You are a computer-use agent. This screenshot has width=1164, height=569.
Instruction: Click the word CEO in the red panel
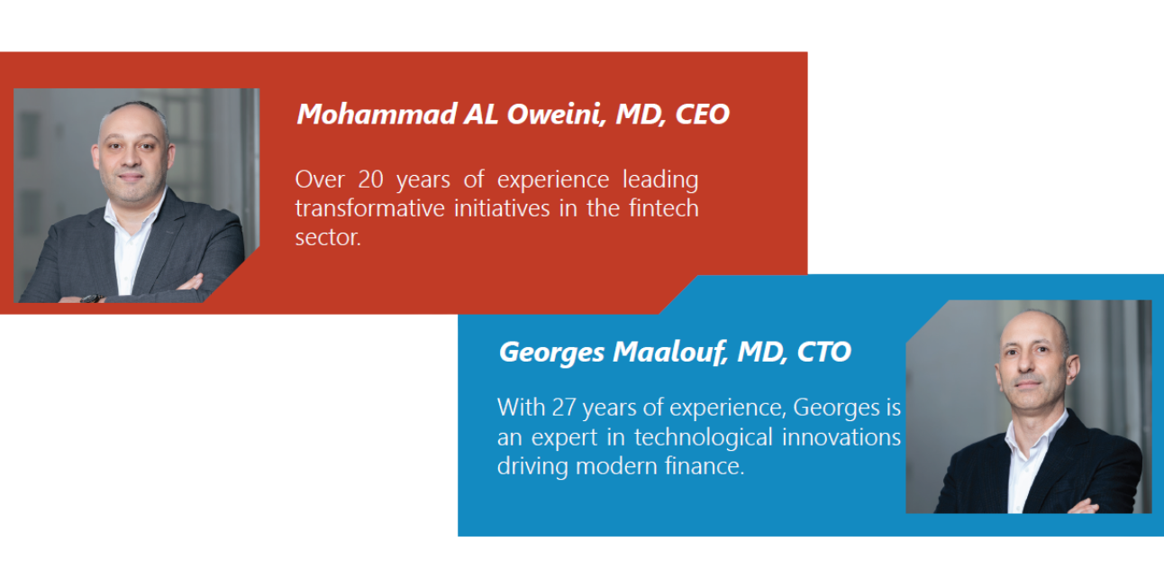702,114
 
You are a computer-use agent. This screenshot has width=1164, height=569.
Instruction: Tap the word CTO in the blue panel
824,352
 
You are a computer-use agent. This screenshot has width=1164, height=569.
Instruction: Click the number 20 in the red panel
370,179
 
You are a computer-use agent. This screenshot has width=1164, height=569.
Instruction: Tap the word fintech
664,208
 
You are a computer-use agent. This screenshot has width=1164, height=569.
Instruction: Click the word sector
328,238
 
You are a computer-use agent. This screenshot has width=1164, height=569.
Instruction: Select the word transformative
370,208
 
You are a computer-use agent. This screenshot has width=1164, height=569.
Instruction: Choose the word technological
704,437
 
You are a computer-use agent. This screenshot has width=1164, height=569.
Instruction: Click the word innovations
841,436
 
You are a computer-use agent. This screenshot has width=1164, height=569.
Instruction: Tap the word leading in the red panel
660,180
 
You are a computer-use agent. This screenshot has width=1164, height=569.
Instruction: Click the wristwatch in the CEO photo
92,298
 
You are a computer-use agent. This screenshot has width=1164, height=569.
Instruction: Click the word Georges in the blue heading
551,353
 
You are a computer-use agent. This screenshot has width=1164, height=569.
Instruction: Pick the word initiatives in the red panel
502,208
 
